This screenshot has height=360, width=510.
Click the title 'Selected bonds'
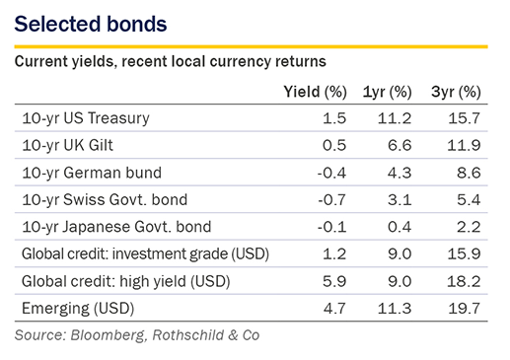click(x=91, y=24)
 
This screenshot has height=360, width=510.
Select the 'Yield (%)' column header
click(x=315, y=92)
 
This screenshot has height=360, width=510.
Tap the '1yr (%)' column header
click(x=387, y=92)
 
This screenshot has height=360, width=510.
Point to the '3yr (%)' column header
click(x=456, y=92)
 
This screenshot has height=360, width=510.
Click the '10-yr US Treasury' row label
click(x=86, y=118)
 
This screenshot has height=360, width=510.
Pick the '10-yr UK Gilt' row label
click(x=67, y=145)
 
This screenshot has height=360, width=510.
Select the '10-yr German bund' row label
click(x=92, y=173)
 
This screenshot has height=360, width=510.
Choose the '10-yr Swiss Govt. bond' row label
click(x=105, y=199)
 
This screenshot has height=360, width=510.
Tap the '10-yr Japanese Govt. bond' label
click(x=116, y=227)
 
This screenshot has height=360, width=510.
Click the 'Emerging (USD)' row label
click(x=78, y=309)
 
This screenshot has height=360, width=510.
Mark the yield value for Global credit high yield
click(x=334, y=281)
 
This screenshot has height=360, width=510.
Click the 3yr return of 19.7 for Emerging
click(x=464, y=309)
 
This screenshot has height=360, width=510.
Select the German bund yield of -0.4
click(x=331, y=173)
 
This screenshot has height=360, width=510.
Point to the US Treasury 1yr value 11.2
click(x=395, y=118)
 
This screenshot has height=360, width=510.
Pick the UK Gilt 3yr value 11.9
click(x=464, y=145)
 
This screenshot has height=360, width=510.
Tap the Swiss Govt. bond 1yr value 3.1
click(x=400, y=199)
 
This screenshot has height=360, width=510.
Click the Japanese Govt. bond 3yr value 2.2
click(x=469, y=227)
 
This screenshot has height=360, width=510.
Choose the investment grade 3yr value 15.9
click(x=464, y=254)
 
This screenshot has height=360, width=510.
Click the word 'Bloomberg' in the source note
click(x=108, y=335)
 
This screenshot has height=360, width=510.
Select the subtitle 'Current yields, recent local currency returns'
click(x=171, y=62)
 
